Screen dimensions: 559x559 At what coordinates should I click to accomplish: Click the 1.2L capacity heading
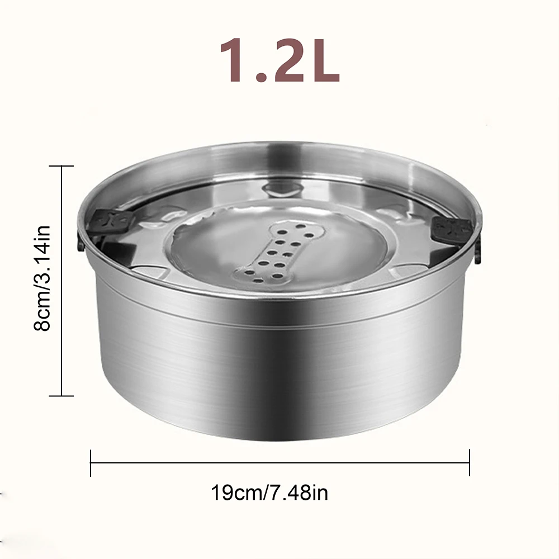point(279,60)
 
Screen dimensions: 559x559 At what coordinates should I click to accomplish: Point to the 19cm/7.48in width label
point(269,492)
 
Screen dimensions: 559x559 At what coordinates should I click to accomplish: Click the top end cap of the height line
point(61,166)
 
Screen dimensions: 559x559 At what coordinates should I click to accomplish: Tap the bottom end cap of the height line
point(61,396)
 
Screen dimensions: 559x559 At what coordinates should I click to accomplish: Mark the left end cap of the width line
point(91,463)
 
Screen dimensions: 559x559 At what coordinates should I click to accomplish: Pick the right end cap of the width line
point(470,463)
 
